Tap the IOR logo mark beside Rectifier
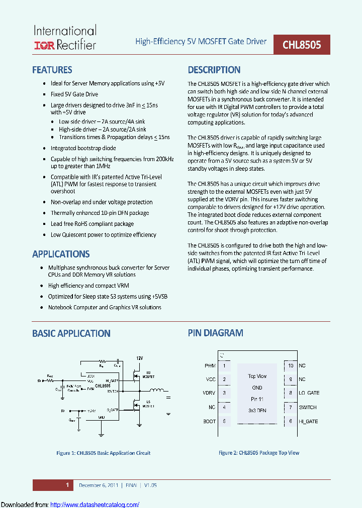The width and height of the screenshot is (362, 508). (44, 46)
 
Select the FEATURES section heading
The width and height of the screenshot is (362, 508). (52, 70)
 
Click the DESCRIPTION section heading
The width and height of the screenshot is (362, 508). (214, 70)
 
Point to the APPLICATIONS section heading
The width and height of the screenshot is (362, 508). (61, 254)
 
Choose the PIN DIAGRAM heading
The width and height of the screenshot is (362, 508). (216, 333)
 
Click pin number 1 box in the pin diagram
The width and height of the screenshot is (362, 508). (224, 366)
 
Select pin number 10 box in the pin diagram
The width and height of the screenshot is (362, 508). (290, 366)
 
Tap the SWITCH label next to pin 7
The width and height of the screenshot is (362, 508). (308, 407)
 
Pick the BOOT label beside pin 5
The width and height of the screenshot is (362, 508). (209, 421)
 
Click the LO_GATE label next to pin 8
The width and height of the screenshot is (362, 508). (309, 393)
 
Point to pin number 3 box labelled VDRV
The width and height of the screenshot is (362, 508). (224, 393)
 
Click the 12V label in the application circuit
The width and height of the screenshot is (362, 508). (139, 358)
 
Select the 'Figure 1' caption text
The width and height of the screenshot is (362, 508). (103, 453)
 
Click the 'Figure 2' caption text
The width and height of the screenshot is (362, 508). (258, 453)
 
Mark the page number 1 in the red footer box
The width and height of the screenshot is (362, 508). (67, 485)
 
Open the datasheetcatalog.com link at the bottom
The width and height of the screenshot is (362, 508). (95, 504)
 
